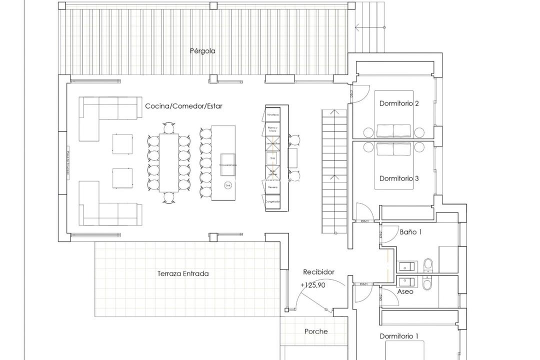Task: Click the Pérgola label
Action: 202,50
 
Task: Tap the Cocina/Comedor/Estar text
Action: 183,106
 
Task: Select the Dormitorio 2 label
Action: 399,103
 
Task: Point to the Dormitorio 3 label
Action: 399,178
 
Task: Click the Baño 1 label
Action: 411,232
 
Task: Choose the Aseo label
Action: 405,291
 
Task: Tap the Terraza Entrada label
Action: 183,273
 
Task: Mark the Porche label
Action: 316,331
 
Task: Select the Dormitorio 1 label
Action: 399,336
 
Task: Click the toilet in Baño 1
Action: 428,263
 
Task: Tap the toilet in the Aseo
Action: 428,284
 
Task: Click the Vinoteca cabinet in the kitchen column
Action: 273,114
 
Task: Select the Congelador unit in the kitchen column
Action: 273,201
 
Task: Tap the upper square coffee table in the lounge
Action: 122,144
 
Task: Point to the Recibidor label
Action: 318,272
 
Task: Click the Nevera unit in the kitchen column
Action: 273,186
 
